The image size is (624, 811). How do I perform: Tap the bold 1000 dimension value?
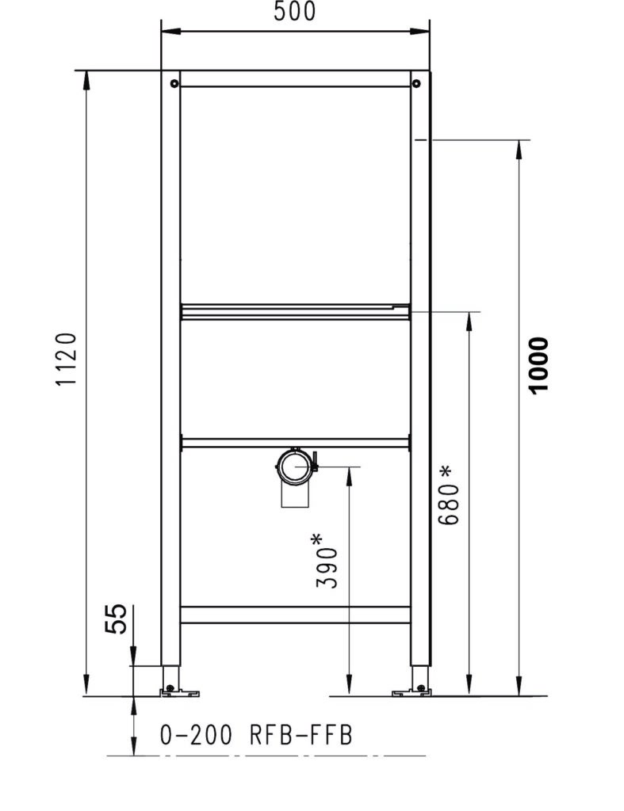(x=538, y=365)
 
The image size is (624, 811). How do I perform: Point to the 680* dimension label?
(x=448, y=496)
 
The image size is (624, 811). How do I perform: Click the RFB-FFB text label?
(x=301, y=736)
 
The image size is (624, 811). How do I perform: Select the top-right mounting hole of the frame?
(x=417, y=82)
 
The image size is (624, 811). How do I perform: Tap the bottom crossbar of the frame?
(x=295, y=615)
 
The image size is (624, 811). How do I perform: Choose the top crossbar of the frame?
(x=295, y=82)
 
